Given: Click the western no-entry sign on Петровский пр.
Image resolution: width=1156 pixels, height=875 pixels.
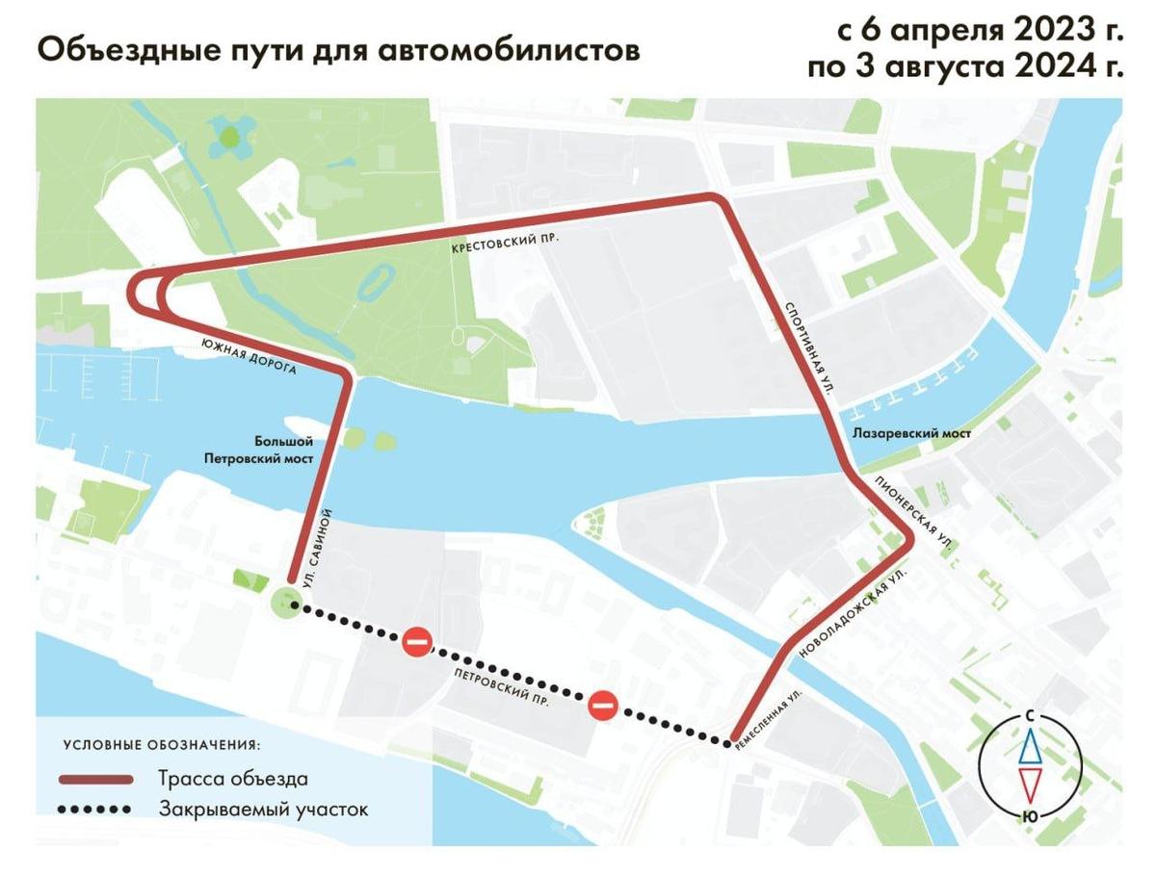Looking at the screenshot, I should (417, 641).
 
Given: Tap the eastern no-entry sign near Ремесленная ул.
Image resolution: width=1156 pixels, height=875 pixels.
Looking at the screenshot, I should (603, 707).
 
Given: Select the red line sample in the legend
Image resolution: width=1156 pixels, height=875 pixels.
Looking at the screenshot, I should (95, 779).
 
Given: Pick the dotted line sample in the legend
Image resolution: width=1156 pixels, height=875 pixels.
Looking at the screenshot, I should (95, 810).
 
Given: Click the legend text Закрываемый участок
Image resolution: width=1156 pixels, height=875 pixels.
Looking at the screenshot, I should (263, 810).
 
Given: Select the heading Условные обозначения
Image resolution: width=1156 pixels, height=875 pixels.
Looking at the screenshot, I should (162, 745).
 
